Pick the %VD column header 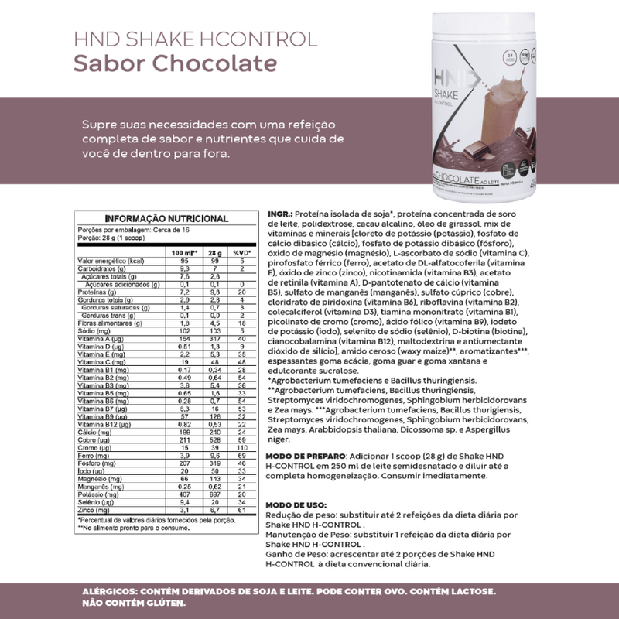pos(241,253)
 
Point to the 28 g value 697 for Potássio pos(217,493)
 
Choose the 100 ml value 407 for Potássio pos(185,493)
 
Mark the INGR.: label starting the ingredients pos(278,214)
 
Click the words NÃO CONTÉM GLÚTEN pos(133,603)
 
